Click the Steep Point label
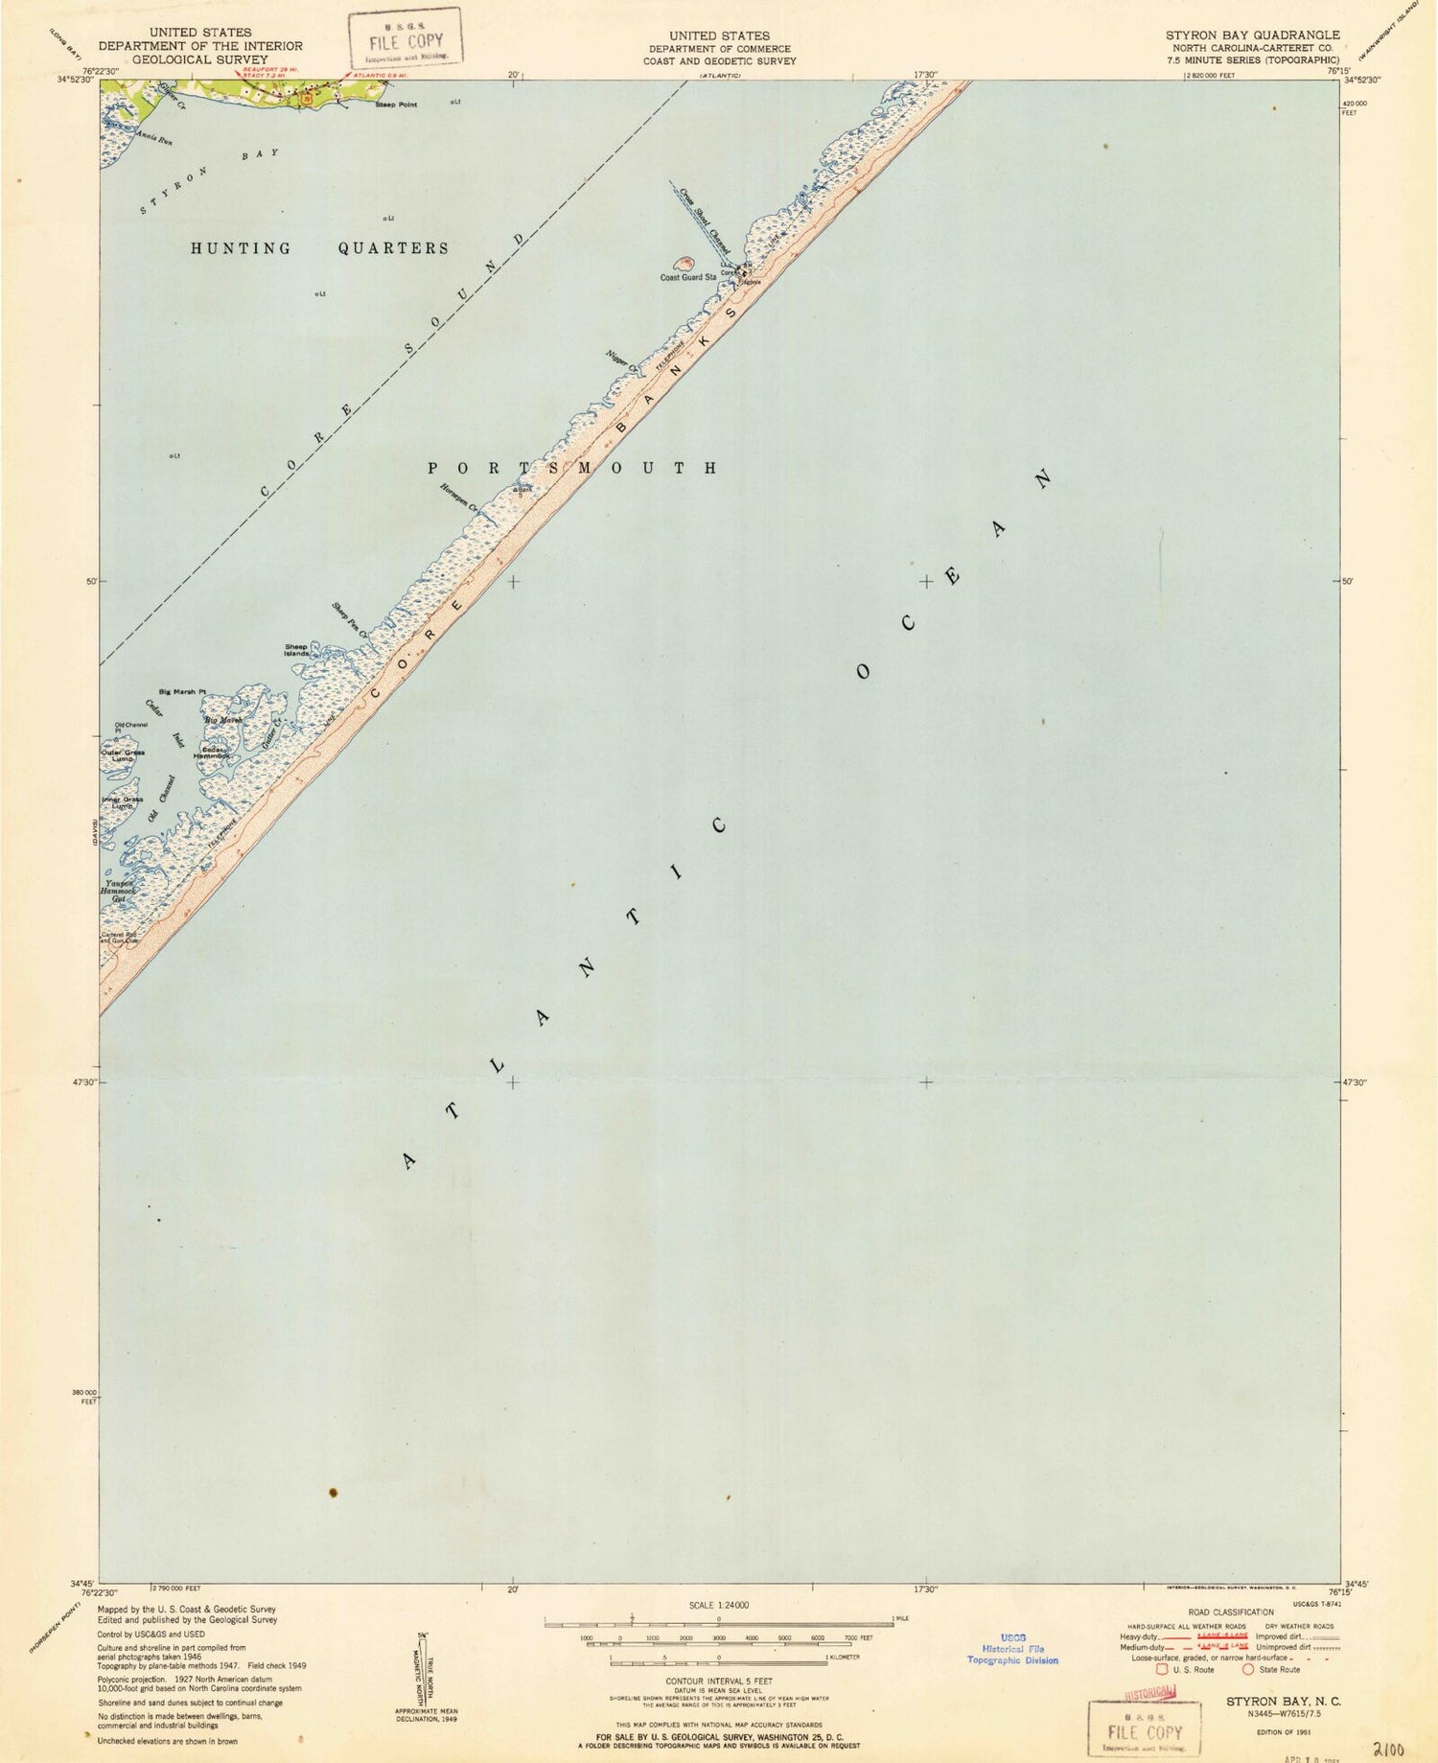(x=395, y=104)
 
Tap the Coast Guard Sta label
(x=687, y=278)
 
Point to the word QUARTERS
(x=393, y=248)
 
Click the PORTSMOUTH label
(x=572, y=469)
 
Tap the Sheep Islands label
(x=296, y=649)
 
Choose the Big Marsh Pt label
(x=182, y=691)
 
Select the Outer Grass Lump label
(x=123, y=755)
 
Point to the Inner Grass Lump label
(x=122, y=802)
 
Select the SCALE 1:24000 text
(x=719, y=1605)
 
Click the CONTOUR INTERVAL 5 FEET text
(x=719, y=1681)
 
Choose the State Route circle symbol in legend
(x=1248, y=1669)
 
